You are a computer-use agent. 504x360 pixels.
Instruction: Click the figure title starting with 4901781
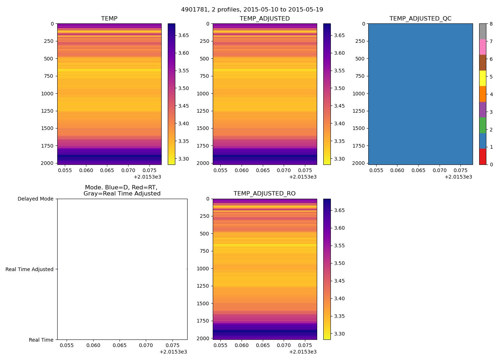click(252, 10)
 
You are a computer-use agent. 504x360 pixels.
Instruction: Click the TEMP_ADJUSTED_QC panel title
click(420, 19)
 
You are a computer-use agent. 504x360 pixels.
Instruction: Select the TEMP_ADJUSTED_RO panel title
click(265, 194)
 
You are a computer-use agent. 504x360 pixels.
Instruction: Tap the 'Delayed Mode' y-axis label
click(35, 199)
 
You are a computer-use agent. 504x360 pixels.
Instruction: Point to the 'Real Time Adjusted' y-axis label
click(29, 269)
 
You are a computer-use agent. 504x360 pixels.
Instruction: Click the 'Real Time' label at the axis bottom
click(41, 340)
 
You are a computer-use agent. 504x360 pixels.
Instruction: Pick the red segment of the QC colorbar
click(482, 157)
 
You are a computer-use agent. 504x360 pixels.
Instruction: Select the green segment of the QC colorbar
click(482, 125)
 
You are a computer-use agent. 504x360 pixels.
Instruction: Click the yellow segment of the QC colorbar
click(482, 78)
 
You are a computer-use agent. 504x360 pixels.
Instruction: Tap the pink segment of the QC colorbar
click(482, 47)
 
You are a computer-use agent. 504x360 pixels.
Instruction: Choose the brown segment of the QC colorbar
click(482, 63)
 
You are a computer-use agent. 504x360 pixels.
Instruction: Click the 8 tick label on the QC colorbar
click(491, 24)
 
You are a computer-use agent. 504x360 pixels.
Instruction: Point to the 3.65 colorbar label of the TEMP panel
click(184, 35)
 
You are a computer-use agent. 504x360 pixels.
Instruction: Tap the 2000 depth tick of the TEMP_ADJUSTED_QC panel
click(359, 163)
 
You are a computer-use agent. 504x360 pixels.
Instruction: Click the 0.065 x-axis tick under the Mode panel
click(120, 345)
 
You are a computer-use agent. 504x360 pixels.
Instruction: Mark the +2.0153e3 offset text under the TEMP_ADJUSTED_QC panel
click(458, 177)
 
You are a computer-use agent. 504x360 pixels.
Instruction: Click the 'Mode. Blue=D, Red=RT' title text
click(122, 188)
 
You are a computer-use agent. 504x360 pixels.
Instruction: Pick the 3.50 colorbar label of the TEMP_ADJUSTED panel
click(339, 88)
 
